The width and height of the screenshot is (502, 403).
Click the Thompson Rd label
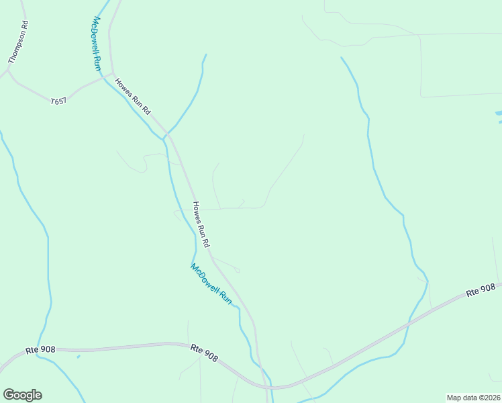click(19, 42)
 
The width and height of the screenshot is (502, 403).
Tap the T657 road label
click(59, 101)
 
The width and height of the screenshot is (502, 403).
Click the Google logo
click(22, 395)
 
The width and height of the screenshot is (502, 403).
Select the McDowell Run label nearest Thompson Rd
click(95, 44)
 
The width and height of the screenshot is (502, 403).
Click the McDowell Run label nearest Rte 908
click(211, 283)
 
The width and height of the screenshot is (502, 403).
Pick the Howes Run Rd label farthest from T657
click(202, 224)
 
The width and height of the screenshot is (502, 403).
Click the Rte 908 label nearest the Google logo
click(40, 350)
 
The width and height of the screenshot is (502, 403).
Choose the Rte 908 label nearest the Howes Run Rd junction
click(204, 350)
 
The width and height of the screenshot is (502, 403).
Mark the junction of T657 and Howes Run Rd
click(113, 75)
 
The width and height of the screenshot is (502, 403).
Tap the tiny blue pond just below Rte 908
click(79, 356)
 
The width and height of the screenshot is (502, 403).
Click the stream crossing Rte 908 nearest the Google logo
click(38, 351)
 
